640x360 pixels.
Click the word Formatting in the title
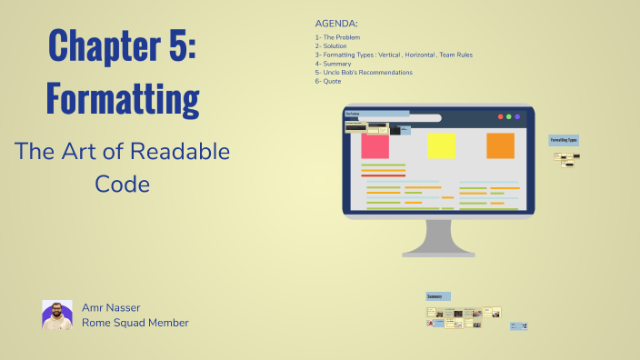pyautogui.click(x=123, y=97)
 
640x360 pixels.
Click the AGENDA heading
pyautogui.click(x=336, y=23)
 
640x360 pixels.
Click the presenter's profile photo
pyautogui.click(x=56, y=315)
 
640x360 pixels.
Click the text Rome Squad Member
pyautogui.click(x=135, y=323)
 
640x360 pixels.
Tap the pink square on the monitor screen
pyautogui.click(x=375, y=145)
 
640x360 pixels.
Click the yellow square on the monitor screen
pyautogui.click(x=442, y=145)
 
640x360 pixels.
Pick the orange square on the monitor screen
pyautogui.click(x=500, y=145)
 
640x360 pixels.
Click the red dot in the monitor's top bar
pyautogui.click(x=499, y=117)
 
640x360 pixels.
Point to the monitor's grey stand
pyautogui.click(x=438, y=239)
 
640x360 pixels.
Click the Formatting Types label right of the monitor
pyautogui.click(x=564, y=140)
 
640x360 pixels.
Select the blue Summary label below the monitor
pyautogui.click(x=437, y=296)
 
